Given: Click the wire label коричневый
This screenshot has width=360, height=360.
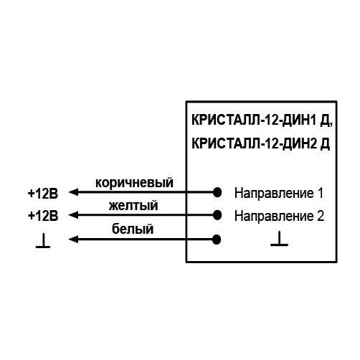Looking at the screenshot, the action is coord(134,183).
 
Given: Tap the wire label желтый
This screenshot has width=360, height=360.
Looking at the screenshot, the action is coord(133,206).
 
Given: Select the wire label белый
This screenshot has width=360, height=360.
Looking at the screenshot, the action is coord(133,229).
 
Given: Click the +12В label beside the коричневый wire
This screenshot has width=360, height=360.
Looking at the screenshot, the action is coord(43,194).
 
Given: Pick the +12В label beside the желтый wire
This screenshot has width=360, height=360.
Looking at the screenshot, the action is coord(43,216).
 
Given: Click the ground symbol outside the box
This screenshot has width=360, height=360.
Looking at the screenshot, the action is coord(43,241).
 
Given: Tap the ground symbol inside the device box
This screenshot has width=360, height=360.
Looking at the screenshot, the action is coord(279,239).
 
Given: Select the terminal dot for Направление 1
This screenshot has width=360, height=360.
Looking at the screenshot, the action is coord(217,192).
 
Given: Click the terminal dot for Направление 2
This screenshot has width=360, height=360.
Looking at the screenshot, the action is coord(217,215).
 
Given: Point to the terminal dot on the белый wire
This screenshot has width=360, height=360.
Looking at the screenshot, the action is coord(217,240).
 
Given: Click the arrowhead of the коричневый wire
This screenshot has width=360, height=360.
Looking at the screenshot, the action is coord(73,192).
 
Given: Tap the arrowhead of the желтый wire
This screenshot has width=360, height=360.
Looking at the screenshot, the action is coord(73,215).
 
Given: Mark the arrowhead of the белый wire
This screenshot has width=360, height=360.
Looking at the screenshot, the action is coord(73,239).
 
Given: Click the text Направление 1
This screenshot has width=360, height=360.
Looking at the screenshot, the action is coord(279,193).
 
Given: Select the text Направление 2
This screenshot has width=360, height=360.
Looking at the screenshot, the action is coord(279,216).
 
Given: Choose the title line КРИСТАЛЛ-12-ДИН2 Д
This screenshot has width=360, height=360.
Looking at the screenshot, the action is coord(260,143).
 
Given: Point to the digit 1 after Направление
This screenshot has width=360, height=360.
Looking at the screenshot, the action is coord(320,193).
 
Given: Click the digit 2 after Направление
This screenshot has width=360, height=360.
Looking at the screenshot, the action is coord(321,216).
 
